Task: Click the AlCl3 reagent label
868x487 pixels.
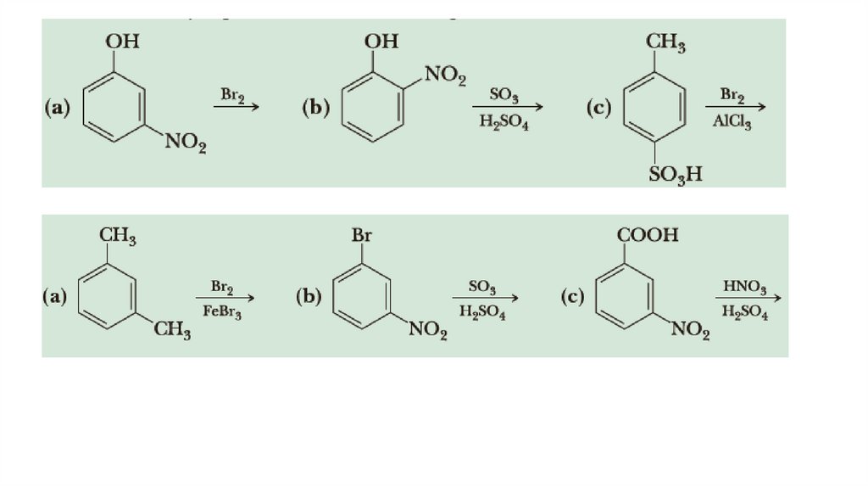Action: click(x=732, y=121)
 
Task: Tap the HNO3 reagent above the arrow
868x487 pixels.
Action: click(x=745, y=286)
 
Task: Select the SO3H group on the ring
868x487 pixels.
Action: click(x=676, y=175)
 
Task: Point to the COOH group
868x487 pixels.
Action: click(x=650, y=233)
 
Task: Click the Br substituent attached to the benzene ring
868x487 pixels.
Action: click(x=361, y=234)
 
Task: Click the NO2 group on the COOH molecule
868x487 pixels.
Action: click(x=690, y=329)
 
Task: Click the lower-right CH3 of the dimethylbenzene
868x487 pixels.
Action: click(x=171, y=329)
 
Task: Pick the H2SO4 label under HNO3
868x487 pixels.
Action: click(x=745, y=312)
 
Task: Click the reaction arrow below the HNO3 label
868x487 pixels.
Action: click(x=748, y=298)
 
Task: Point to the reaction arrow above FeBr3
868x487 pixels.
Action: click(x=225, y=298)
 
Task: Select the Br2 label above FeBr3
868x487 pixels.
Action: click(x=222, y=286)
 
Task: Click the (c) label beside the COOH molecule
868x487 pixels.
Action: click(x=573, y=297)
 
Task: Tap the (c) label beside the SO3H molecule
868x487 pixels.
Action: click(x=598, y=108)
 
